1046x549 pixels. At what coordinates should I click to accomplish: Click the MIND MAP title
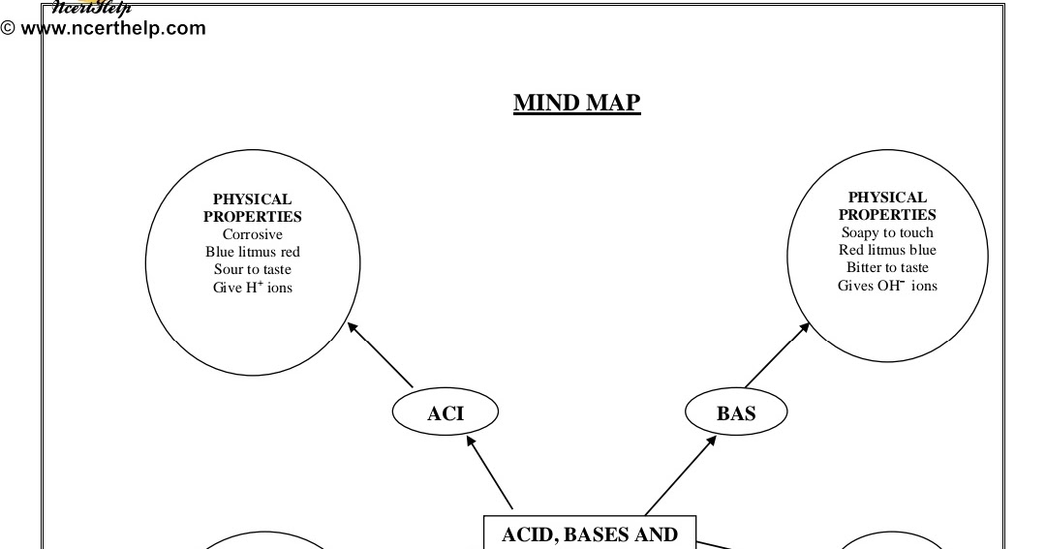pos(576,103)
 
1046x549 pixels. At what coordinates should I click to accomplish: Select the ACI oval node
pos(446,413)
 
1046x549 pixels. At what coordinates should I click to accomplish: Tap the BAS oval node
pos(736,413)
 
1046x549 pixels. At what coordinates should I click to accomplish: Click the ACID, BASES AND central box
pos(589,534)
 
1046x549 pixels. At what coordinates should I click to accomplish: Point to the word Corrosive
pos(253,234)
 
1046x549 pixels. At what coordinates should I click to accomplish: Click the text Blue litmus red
pos(253,252)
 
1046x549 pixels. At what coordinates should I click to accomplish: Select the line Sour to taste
pos(253,269)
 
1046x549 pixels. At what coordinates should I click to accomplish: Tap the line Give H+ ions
pos(253,288)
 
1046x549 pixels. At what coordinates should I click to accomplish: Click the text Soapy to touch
pos(887,232)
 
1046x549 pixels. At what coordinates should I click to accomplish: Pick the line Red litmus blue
pos(887,250)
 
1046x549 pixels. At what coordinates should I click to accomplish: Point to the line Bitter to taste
pos(887,267)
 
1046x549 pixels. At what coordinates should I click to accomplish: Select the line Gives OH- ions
pos(887,286)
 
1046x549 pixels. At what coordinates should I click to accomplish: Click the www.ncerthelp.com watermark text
pos(112,28)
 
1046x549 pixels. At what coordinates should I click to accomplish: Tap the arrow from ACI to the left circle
pos(381,355)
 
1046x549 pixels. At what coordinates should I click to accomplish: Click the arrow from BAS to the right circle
pos(777,355)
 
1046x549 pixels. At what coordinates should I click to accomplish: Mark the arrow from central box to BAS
pos(681,474)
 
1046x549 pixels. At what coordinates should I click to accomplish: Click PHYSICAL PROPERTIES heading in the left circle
pos(253,208)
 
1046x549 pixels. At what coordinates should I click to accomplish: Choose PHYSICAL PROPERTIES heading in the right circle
pos(887,206)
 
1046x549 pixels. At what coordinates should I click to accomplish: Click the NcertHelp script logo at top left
pos(91,8)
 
